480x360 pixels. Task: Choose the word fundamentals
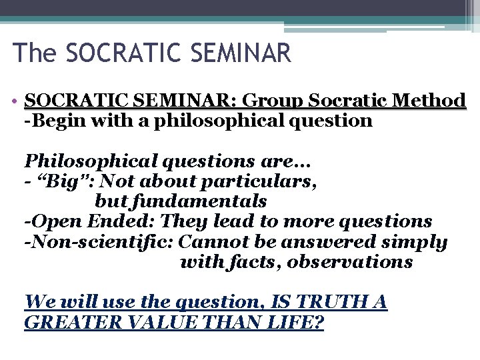click(x=181, y=201)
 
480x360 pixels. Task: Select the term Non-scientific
click(x=100, y=241)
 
